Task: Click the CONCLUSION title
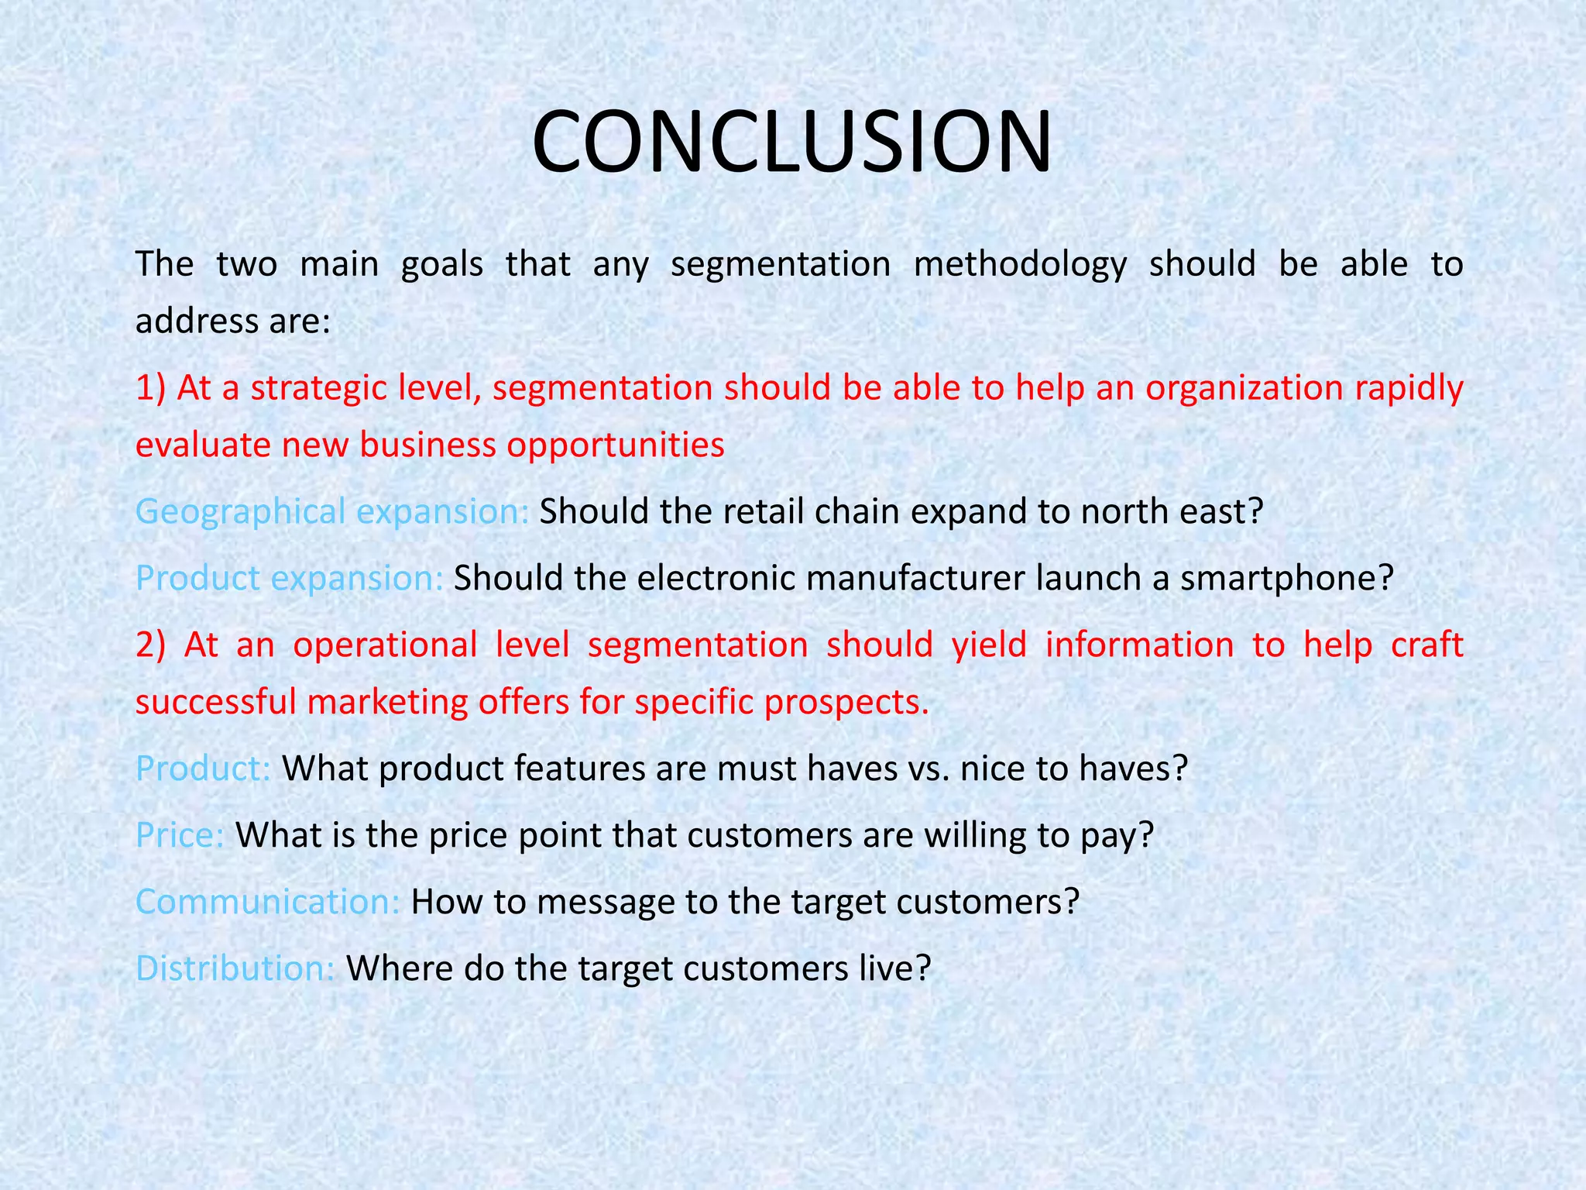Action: coord(791,143)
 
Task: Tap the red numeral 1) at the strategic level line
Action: coord(150,388)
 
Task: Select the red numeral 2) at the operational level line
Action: coord(150,645)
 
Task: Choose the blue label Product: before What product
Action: coord(203,769)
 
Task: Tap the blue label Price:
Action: coord(180,836)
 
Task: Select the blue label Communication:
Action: coord(268,903)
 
